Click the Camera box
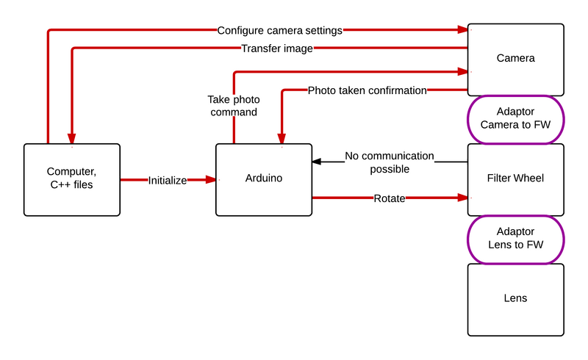pyautogui.click(x=515, y=59)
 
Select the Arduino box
pyautogui.click(x=263, y=179)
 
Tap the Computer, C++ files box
pyautogui.click(x=71, y=179)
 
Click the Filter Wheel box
pyautogui.click(x=515, y=179)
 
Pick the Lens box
pyautogui.click(x=515, y=298)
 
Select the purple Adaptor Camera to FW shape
pyautogui.click(x=515, y=119)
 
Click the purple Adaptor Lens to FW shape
pyautogui.click(x=515, y=239)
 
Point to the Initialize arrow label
pyautogui.click(x=167, y=180)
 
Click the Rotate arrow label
pyautogui.click(x=389, y=198)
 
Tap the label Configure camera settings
pyautogui.click(x=280, y=31)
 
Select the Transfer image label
pyautogui.click(x=277, y=49)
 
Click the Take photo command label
pyautogui.click(x=233, y=106)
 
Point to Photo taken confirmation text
pyautogui.click(x=367, y=90)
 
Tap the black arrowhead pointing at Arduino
pyautogui.click(x=317, y=162)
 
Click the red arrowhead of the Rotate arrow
pyautogui.click(x=462, y=198)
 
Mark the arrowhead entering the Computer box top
pyautogui.click(x=71, y=138)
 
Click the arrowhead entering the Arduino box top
pyautogui.click(x=281, y=138)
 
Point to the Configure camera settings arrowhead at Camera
pyautogui.click(x=462, y=30)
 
